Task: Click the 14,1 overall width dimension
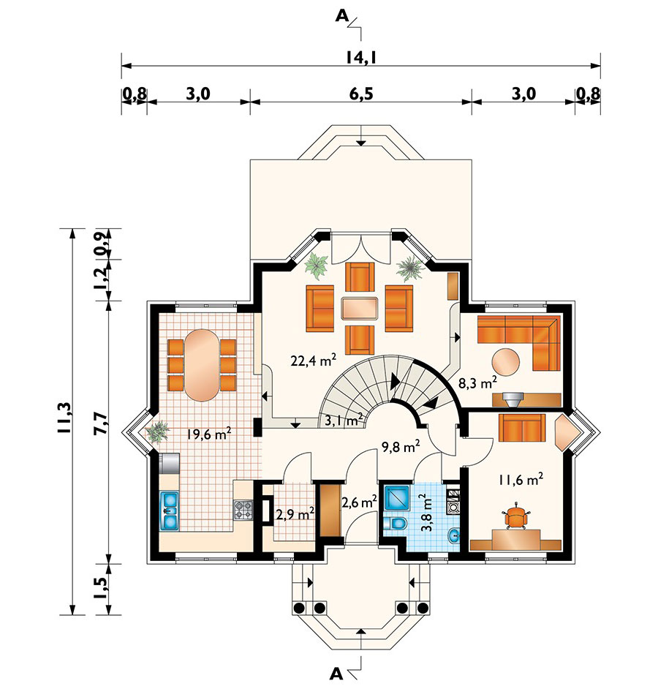(x=360, y=57)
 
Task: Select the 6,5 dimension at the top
(x=360, y=94)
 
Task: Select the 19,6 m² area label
(x=208, y=434)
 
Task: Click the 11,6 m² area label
(x=521, y=481)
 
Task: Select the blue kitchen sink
(x=170, y=510)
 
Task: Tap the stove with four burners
(x=243, y=510)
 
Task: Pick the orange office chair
(x=517, y=517)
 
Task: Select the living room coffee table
(x=360, y=308)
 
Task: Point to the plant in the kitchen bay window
(x=156, y=432)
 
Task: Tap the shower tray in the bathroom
(x=398, y=499)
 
